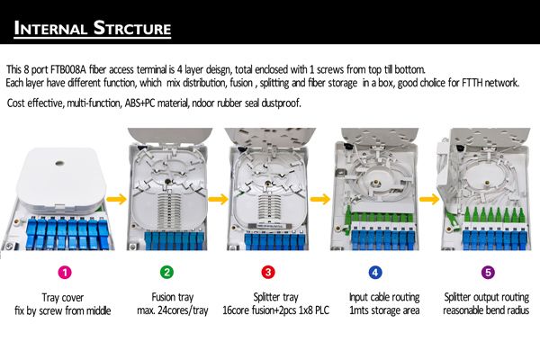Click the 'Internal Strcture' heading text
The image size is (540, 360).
[93, 28]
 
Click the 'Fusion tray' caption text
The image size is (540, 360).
[166, 297]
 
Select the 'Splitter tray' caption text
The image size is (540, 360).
[267, 297]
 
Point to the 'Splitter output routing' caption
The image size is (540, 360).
[487, 297]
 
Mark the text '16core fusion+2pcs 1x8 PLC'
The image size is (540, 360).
[267, 310]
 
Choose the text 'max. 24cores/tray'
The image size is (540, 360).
[166, 310]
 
